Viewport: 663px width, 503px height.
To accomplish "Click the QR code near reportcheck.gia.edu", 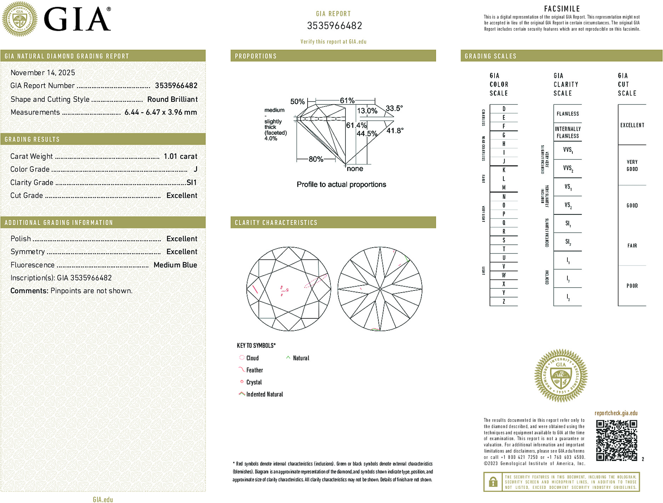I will coord(616,440).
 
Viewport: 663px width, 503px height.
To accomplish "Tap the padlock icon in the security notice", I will coord(493,482).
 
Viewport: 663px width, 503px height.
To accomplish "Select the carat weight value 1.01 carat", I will coord(180,156).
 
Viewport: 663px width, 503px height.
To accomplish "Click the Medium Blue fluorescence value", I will coord(175,265).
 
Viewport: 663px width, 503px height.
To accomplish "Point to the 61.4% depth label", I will coord(356,125).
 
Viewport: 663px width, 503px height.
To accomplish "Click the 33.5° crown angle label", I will coord(394,108).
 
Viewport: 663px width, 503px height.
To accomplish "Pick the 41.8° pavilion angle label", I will coord(395,131).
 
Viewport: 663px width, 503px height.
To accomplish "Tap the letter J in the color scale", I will coord(504,161).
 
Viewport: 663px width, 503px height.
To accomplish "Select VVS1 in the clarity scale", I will coord(568,150).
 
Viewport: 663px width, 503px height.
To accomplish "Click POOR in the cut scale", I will coord(632,286).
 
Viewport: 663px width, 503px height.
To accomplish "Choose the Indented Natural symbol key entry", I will coord(264,394).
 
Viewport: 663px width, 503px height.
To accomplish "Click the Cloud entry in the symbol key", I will coord(252,358).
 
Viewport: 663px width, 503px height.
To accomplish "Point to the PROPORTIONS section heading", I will coord(256,56).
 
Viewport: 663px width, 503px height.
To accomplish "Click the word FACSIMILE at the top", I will coord(562,9).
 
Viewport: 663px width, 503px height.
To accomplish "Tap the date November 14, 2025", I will coord(43,73).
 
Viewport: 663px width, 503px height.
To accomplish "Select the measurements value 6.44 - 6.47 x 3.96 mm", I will coord(161,112).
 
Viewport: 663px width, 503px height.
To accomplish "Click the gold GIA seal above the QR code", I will coord(561,376).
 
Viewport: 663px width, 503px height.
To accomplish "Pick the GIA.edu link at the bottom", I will coord(103,499).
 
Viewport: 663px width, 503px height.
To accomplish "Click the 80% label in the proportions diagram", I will coord(316,159).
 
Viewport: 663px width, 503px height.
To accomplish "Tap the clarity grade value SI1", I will coord(192,183).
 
